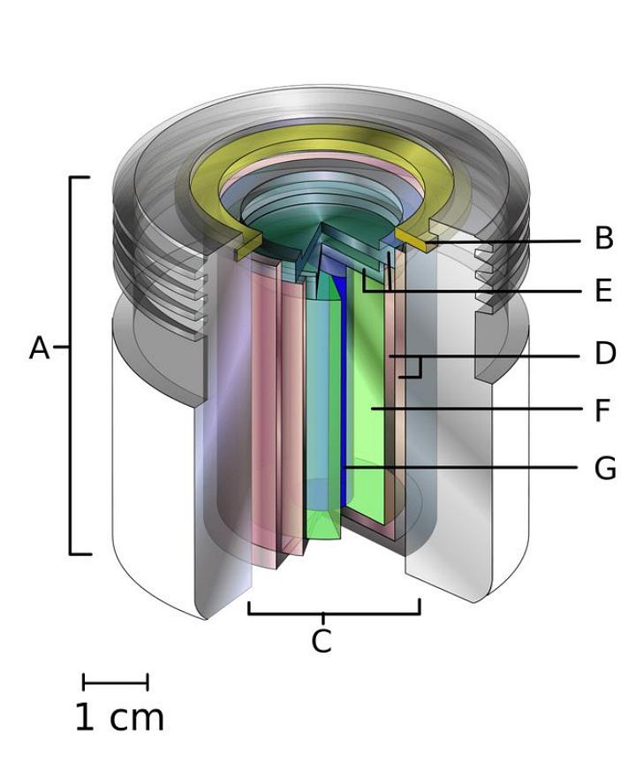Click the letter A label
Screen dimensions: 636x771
(x=39, y=348)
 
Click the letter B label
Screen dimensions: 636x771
(x=604, y=238)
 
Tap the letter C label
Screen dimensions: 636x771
(x=322, y=640)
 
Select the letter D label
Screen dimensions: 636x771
(x=605, y=354)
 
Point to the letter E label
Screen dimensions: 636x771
(x=604, y=291)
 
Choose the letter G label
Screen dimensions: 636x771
(x=605, y=468)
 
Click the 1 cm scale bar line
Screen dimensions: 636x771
(x=116, y=682)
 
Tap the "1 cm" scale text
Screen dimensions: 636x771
(x=119, y=717)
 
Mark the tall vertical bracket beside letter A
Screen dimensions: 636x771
(x=76, y=365)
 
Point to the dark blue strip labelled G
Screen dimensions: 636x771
(x=344, y=393)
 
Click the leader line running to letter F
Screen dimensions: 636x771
(x=475, y=409)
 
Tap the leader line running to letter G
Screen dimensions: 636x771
(x=462, y=467)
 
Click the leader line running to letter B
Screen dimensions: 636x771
(x=503, y=241)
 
